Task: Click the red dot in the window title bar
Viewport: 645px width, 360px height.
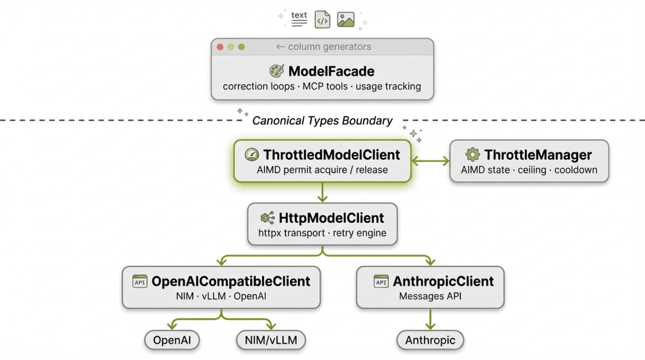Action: [220, 47]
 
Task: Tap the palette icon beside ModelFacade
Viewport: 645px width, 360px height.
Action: [277, 71]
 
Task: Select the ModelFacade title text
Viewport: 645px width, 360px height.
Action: [331, 71]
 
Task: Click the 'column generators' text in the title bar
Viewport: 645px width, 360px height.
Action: [329, 47]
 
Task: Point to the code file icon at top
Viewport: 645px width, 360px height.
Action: [322, 20]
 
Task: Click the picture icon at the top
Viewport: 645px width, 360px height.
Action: [345, 20]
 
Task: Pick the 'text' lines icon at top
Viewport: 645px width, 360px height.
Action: [299, 19]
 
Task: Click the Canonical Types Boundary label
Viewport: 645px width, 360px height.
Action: [322, 120]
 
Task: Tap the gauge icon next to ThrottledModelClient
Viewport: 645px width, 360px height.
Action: [252, 155]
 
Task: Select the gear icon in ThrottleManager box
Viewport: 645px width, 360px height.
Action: [472, 155]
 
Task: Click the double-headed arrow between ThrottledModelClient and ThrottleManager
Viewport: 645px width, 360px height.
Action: [430, 161]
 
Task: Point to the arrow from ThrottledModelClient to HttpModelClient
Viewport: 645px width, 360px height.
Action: [322, 192]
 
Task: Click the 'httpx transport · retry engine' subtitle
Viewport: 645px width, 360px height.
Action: [322, 233]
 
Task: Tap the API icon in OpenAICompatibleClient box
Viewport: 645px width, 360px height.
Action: [140, 281]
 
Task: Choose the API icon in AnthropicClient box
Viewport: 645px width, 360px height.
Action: [381, 281]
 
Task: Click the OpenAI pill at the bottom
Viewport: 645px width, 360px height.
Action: [172, 340]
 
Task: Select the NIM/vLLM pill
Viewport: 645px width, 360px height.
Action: [270, 340]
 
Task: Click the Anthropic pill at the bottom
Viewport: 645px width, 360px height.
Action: [430, 340]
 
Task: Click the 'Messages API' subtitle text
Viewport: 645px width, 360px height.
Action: [430, 296]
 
